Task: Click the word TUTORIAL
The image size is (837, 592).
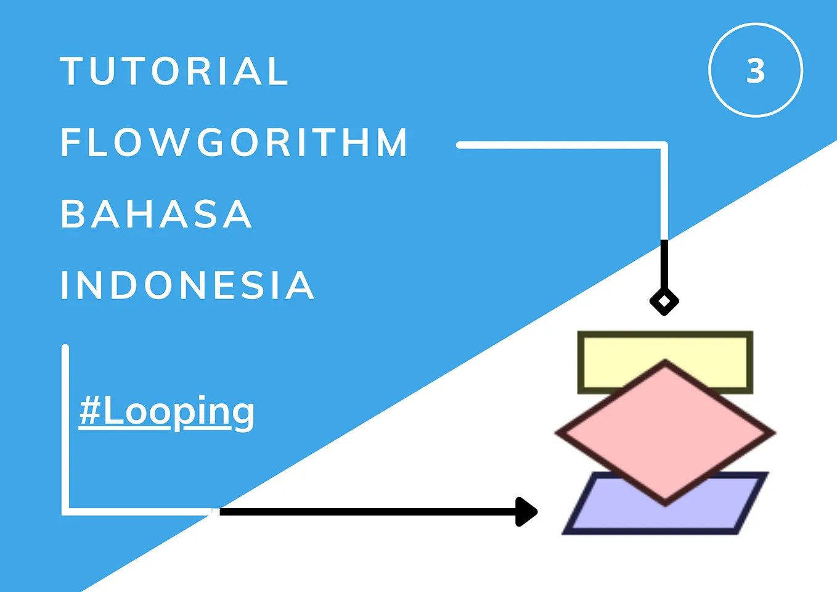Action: [174, 71]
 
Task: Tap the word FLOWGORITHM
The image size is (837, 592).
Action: [234, 142]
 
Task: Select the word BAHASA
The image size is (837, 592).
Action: [157, 214]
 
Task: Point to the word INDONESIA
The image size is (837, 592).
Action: [187, 285]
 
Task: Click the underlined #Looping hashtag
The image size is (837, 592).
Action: [166, 411]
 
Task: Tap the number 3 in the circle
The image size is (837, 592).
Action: [756, 71]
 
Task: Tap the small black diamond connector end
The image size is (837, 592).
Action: [664, 302]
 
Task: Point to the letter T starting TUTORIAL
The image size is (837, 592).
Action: [72, 71]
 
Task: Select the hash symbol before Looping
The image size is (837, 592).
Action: [90, 411]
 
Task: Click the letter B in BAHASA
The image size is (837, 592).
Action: [72, 214]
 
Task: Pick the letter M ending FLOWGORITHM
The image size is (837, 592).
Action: [391, 142]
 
